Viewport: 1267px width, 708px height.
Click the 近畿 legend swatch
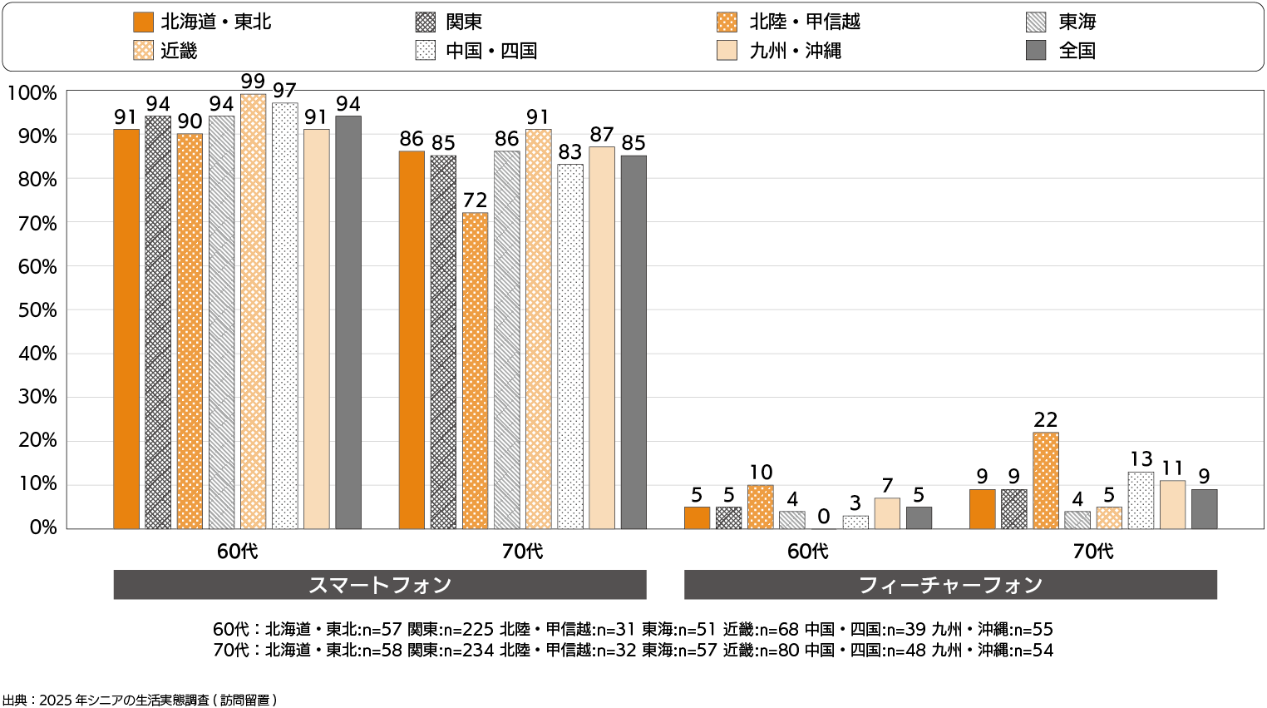click(x=143, y=51)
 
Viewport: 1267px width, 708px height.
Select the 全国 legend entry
click(x=1077, y=51)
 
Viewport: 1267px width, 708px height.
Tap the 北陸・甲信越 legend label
click(x=804, y=22)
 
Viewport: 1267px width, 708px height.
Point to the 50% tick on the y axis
click(x=38, y=310)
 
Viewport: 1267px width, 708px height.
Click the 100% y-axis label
click(x=32, y=93)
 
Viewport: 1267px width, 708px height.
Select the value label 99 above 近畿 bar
click(x=253, y=82)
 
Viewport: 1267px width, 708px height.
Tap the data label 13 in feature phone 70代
click(x=1141, y=459)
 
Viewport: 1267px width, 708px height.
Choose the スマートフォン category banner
click(x=380, y=585)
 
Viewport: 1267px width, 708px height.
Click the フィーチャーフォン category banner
click(x=950, y=585)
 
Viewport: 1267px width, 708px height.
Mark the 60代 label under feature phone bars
click(x=807, y=551)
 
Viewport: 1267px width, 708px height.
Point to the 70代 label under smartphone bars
click(x=522, y=551)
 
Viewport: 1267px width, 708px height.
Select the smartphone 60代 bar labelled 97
click(x=284, y=315)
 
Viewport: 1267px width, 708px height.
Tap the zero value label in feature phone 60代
click(x=823, y=517)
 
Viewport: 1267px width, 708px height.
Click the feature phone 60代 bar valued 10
click(x=760, y=507)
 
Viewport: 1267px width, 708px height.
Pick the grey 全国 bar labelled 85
click(x=633, y=341)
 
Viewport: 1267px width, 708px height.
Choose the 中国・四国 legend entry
click(x=491, y=51)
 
